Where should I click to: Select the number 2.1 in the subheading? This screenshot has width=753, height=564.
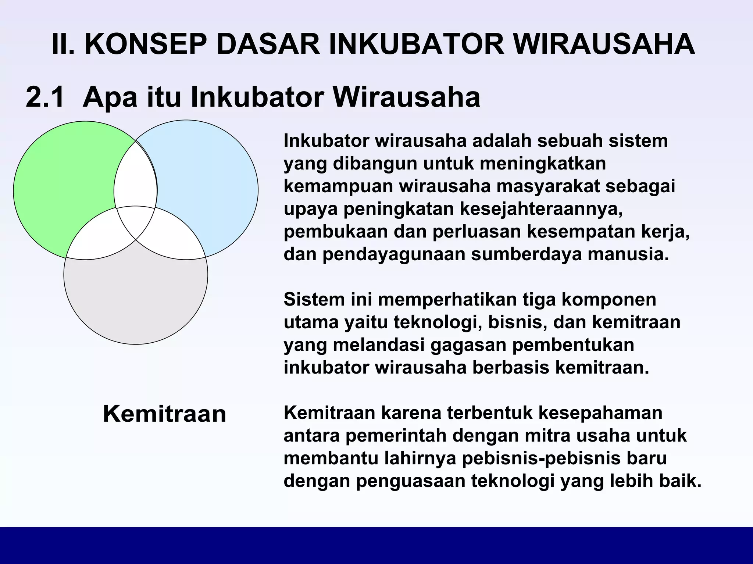click(x=45, y=97)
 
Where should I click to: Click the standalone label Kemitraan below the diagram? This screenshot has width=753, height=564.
click(x=164, y=414)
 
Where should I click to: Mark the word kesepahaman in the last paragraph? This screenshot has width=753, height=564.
click(x=592, y=413)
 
